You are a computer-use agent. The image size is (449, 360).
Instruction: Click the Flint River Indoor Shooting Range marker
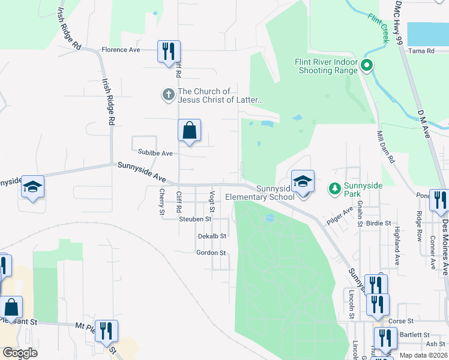pyautogui.click(x=366, y=66)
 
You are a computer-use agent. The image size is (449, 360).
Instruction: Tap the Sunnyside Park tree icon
pyautogui.click(x=335, y=188)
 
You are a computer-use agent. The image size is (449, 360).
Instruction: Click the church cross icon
pyautogui.click(x=168, y=94)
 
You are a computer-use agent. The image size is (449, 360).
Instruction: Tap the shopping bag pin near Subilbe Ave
pyautogui.click(x=189, y=130)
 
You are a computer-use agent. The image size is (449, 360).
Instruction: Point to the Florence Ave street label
pyautogui.click(x=121, y=50)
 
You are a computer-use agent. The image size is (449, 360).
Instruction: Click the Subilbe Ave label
pyautogui.click(x=155, y=154)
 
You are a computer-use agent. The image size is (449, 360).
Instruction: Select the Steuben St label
pyautogui.click(x=196, y=220)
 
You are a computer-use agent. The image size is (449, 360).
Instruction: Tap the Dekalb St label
pyautogui.click(x=212, y=236)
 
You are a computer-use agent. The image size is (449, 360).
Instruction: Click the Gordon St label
pyautogui.click(x=211, y=253)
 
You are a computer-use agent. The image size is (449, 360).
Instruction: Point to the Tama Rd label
pyautogui.click(x=421, y=51)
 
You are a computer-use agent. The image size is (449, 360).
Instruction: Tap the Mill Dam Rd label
pyautogui.click(x=385, y=148)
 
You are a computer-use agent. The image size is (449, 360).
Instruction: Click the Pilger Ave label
pyautogui.click(x=339, y=217)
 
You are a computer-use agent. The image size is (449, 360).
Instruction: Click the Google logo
pyautogui.click(x=20, y=353)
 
